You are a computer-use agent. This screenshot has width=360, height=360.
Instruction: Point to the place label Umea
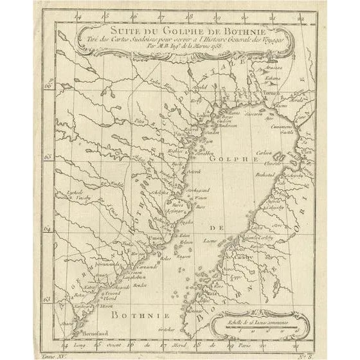[156, 239]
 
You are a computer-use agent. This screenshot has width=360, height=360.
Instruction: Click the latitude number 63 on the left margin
[47, 298]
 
